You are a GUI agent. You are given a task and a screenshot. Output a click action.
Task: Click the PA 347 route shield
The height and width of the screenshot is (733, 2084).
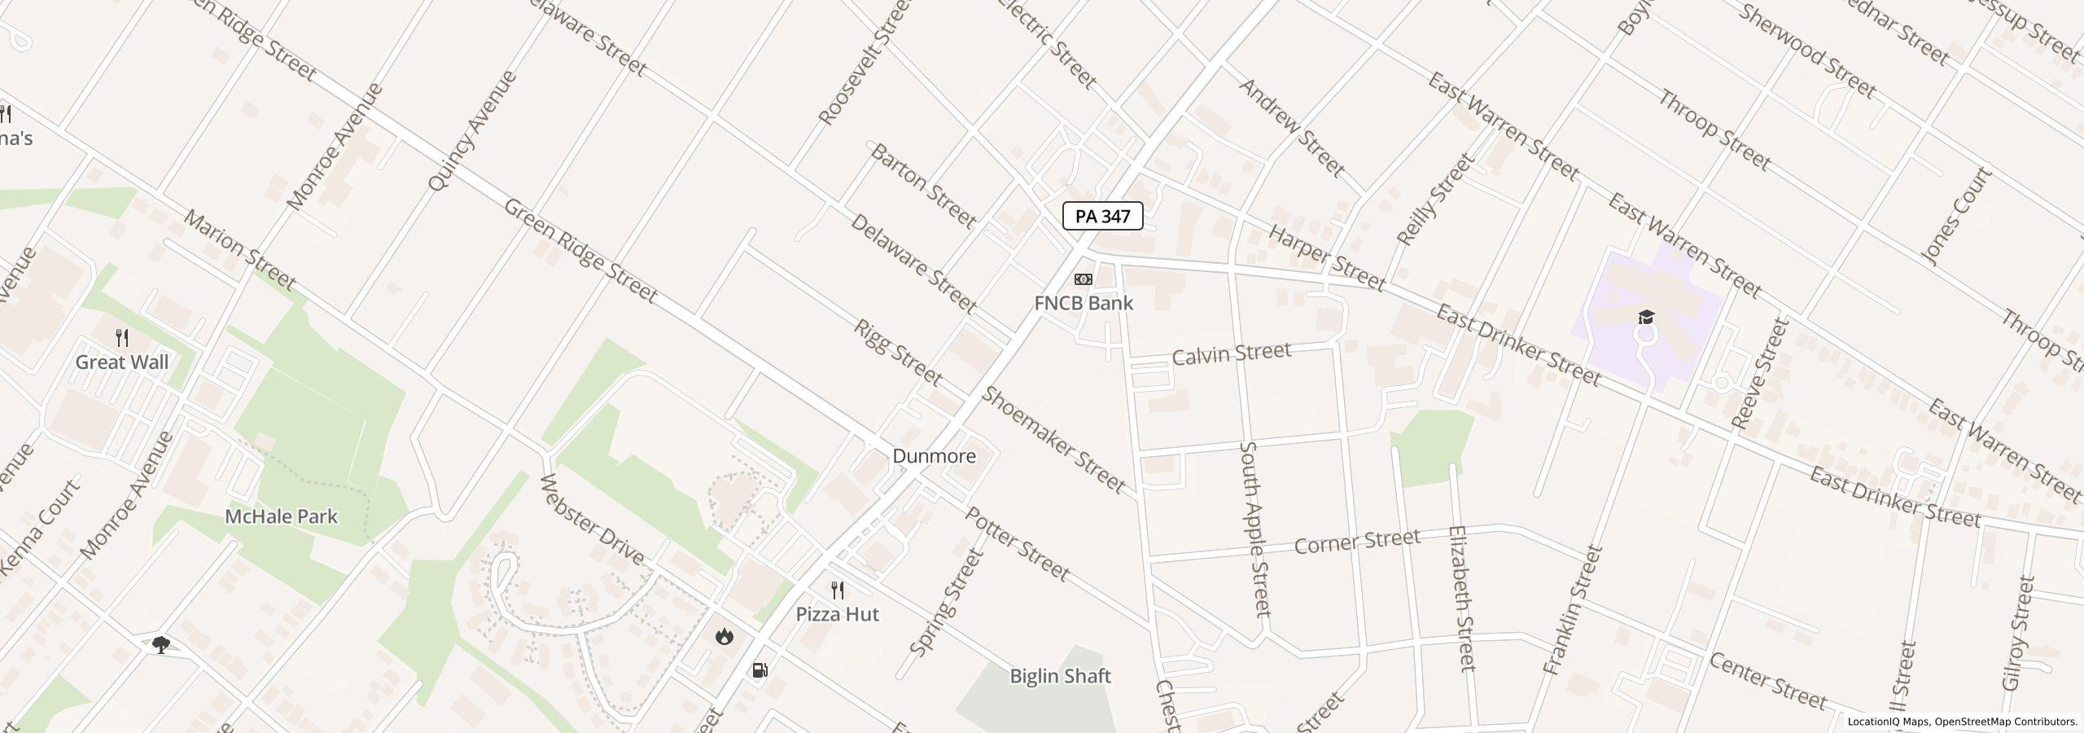click(x=1102, y=216)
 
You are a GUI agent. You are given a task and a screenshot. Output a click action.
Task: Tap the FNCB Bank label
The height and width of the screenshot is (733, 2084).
click(x=1083, y=303)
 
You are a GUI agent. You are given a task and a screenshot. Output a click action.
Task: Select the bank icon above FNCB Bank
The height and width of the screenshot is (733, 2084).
click(x=1083, y=279)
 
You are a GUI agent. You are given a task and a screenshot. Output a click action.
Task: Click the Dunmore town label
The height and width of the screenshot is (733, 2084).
click(x=934, y=456)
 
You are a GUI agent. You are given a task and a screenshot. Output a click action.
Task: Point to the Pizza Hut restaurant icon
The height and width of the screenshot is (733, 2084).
click(x=837, y=590)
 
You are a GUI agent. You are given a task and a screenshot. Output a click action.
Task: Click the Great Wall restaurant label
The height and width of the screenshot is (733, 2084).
click(x=122, y=362)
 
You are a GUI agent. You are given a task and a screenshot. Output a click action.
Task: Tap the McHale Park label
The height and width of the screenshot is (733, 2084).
click(x=281, y=516)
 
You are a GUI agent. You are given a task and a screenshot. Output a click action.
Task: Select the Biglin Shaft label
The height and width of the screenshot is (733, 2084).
click(x=1060, y=676)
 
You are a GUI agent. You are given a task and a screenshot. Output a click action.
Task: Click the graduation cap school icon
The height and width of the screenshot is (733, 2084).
click(x=1645, y=317)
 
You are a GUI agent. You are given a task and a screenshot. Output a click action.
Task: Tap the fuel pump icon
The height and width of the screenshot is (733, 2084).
click(x=760, y=670)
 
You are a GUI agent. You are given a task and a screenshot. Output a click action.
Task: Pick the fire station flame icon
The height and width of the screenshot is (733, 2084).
click(x=724, y=636)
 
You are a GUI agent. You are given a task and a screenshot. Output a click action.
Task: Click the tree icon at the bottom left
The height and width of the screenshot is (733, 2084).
click(x=161, y=645)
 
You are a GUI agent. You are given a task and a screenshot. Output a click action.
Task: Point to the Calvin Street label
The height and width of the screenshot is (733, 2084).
click(x=1231, y=353)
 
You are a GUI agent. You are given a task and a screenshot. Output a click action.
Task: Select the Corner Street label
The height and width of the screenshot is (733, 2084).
click(x=1356, y=542)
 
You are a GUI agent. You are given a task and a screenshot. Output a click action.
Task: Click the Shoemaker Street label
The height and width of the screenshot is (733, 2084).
click(x=1053, y=440)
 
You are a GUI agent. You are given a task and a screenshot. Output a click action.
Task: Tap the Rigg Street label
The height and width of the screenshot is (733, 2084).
click(x=898, y=353)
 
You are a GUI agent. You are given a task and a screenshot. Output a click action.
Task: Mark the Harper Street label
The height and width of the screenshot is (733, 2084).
click(x=1326, y=259)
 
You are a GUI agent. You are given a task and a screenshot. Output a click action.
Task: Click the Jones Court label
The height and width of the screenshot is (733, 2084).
click(x=1956, y=216)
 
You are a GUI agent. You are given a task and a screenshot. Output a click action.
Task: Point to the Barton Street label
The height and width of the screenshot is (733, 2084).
click(x=922, y=186)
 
